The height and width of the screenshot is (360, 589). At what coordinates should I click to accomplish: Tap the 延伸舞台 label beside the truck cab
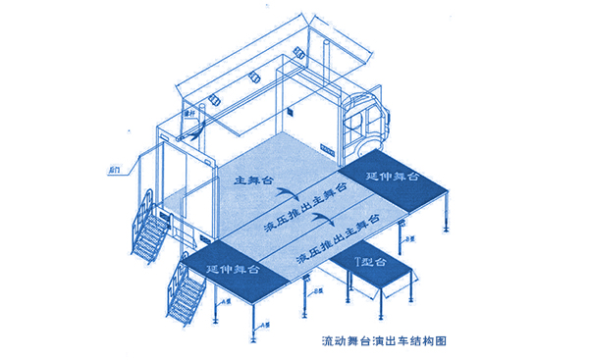point(392,178)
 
